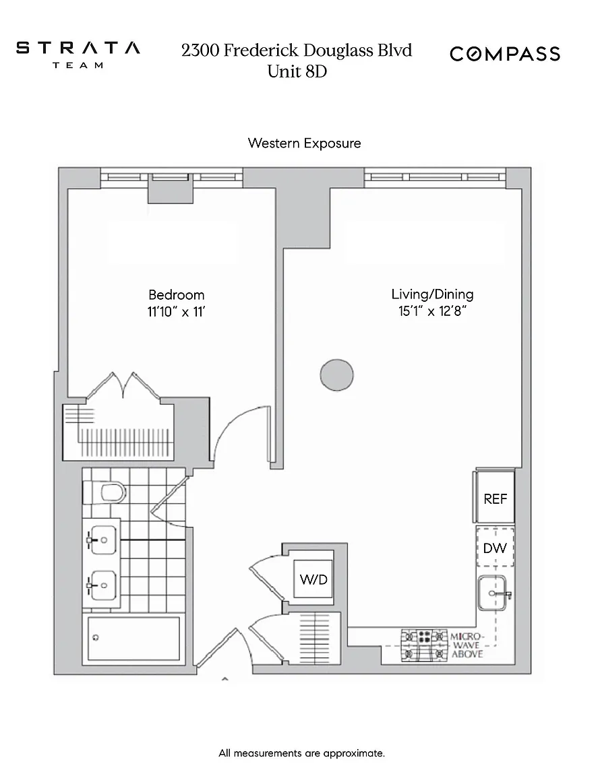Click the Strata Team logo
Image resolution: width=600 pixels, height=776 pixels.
pos(78,54)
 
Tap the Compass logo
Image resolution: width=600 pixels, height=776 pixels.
pos(505,53)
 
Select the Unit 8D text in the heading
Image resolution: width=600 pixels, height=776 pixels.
pos(297,71)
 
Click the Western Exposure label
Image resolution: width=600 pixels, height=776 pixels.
pos(304,143)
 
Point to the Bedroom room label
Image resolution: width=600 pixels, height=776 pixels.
pos(177,294)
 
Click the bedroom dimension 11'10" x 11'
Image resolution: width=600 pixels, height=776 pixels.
pos(177,312)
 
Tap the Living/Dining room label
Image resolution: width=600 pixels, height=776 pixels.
pos(432,294)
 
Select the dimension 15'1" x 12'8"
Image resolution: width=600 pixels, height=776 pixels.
pos(433,311)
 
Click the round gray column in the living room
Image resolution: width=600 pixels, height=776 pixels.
pos(336,375)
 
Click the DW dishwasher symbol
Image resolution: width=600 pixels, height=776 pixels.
pos(494,548)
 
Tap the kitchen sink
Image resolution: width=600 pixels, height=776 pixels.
pos(493,593)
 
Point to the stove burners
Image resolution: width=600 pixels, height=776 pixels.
pos(424,645)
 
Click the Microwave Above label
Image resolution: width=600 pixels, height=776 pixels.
pos(467,645)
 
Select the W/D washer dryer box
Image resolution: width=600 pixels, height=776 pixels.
pos(313,579)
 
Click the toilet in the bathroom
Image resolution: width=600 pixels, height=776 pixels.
pos(105,492)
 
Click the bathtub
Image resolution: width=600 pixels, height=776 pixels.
pos(133,638)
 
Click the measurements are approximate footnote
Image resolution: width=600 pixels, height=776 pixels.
pos(302,753)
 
